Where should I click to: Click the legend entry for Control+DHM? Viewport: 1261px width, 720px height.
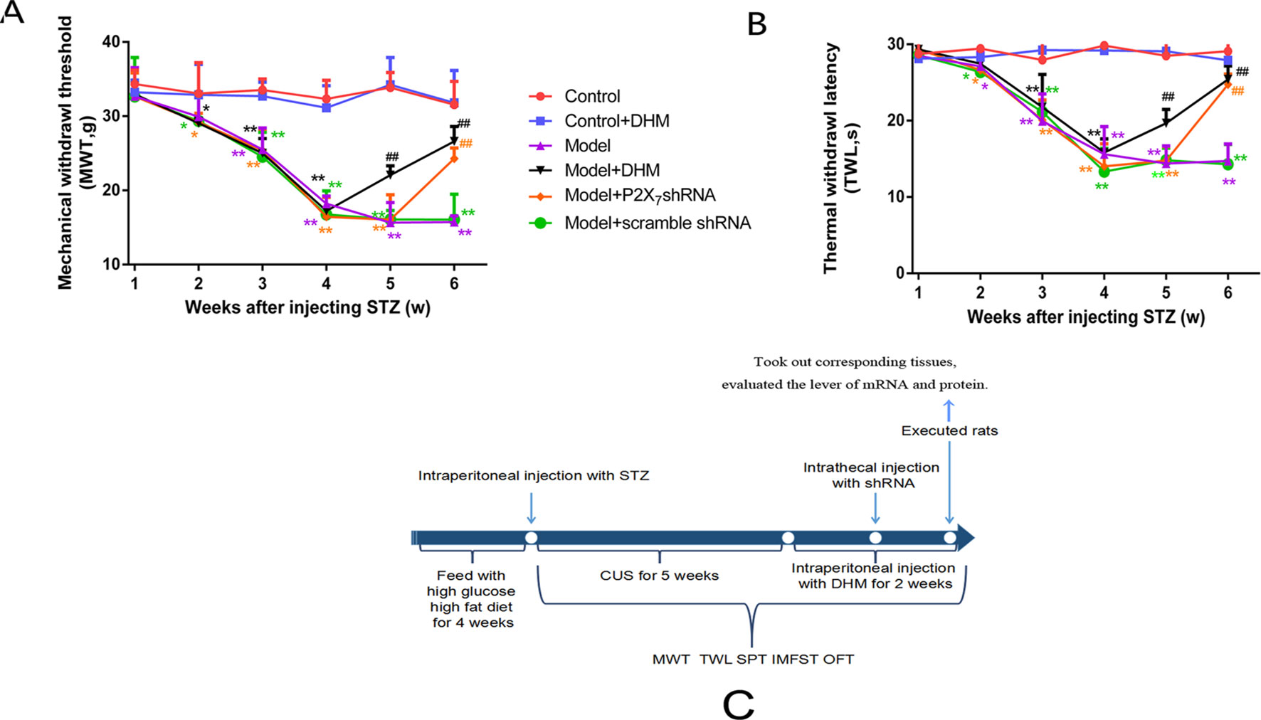[616, 121]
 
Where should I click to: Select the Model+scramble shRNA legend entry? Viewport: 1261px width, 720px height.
[657, 223]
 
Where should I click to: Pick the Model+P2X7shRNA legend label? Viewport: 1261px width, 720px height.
[640, 196]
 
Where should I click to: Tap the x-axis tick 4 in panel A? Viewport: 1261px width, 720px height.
[326, 284]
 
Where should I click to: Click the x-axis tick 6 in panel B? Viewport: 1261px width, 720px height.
[1228, 292]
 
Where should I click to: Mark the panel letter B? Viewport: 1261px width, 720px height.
[756, 24]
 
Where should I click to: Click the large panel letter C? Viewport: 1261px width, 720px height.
[738, 704]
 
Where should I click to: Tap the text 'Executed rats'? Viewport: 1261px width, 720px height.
[949, 430]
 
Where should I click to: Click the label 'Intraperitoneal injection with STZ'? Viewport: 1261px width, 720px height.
[534, 475]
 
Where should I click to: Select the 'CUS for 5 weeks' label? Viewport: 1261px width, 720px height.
[659, 576]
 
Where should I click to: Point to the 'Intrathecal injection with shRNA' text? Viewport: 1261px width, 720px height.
[872, 475]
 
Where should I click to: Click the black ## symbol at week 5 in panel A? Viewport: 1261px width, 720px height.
[391, 157]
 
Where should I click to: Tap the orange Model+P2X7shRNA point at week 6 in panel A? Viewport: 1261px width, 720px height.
[454, 159]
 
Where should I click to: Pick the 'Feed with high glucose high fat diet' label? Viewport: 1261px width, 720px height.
[472, 599]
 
